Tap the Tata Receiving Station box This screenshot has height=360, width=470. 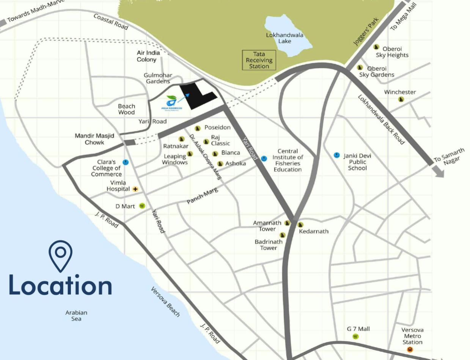[x=259, y=60]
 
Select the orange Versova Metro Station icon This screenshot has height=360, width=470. [x=410, y=349]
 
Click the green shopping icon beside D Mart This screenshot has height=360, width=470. [x=142, y=206]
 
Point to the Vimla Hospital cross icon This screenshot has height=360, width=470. [x=135, y=189]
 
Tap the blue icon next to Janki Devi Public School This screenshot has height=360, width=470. [x=336, y=155]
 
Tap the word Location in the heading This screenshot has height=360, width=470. [x=60, y=285]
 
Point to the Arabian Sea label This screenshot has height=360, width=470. [x=76, y=316]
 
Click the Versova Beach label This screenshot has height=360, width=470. [x=165, y=302]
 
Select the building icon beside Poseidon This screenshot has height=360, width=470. [x=197, y=128]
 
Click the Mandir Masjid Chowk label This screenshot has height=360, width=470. [x=94, y=139]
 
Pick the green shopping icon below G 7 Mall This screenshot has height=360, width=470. [x=355, y=337]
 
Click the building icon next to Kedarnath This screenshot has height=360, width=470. [x=300, y=225]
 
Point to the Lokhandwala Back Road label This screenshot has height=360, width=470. [x=381, y=119]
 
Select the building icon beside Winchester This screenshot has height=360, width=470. [x=401, y=99]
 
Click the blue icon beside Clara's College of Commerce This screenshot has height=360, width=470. [x=126, y=162]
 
